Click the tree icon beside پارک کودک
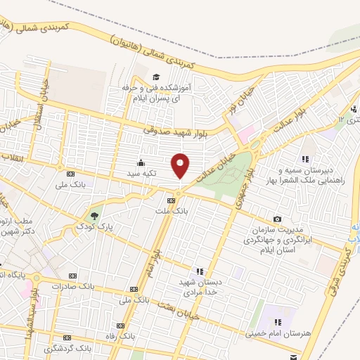click(x=96, y=214)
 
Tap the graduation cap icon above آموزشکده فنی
click(x=155, y=77)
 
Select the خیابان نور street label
click(x=230, y=110)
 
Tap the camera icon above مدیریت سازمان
click(x=278, y=219)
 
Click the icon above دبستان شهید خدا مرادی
click(x=200, y=271)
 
